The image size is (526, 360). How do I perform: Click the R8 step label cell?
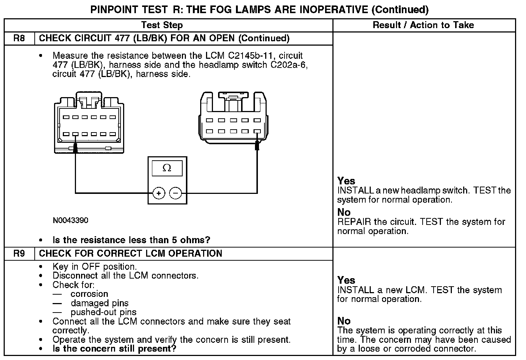tap(19, 38)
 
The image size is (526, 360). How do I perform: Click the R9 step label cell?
tap(19, 253)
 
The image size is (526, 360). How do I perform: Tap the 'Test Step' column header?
tap(162, 25)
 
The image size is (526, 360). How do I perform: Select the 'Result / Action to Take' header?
tap(423, 25)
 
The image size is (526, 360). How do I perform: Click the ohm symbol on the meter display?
tap(167, 168)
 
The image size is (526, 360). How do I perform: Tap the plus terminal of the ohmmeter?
tap(159, 193)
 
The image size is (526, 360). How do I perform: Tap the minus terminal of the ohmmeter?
tap(176, 193)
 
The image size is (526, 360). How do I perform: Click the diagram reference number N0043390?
tap(70, 221)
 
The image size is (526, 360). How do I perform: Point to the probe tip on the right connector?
tap(257, 145)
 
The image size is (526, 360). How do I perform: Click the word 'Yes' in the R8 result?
tap(346, 181)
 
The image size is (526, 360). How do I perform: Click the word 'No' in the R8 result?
tap(344, 212)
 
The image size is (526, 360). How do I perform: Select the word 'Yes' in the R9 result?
tap(346, 280)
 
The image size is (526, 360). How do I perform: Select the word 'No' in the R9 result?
tap(344, 321)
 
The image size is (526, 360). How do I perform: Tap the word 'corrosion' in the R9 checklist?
tap(89, 294)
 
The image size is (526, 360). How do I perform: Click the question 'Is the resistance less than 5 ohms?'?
tap(131, 240)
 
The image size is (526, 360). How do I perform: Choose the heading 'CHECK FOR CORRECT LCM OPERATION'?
tap(130, 253)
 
